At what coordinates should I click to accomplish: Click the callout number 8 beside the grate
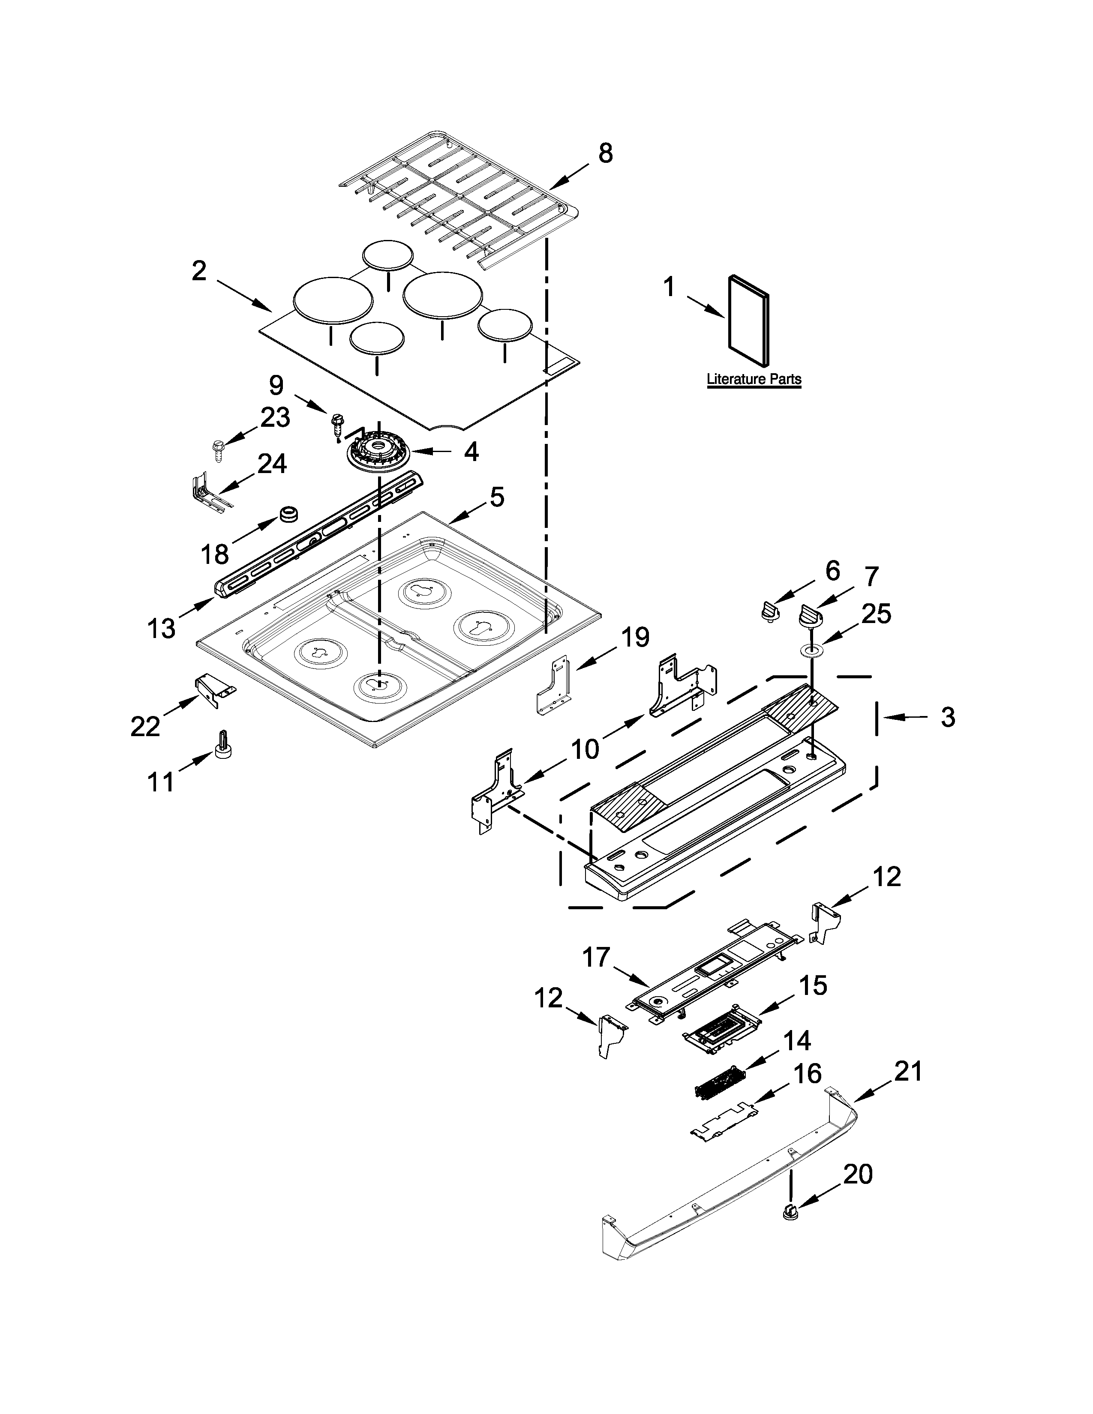tap(605, 154)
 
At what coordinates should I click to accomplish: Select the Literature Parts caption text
tap(754, 379)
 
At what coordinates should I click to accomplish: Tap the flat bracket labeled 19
tap(554, 686)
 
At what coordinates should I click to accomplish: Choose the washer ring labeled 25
tap(811, 651)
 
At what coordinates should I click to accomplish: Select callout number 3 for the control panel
tap(947, 717)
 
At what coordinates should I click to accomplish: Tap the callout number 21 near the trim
tap(908, 1072)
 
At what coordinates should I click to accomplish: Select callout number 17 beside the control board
tap(596, 975)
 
